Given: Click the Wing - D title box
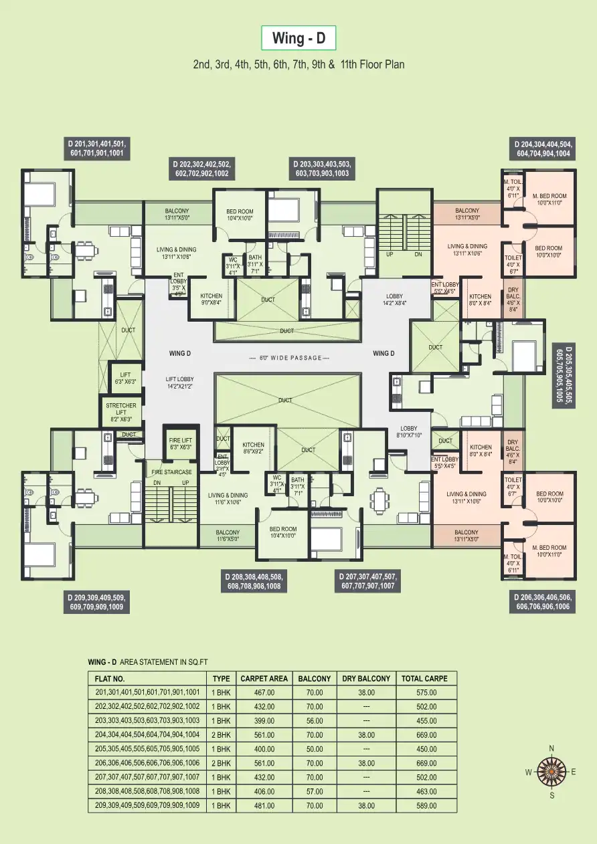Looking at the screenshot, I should point(298,39).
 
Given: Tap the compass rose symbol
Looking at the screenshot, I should point(551,772).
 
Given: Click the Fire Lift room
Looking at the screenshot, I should point(181,443).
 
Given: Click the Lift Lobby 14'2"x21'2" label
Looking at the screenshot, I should point(179,383).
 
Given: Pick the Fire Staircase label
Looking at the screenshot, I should point(171,471).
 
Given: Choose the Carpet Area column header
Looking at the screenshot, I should point(264,678).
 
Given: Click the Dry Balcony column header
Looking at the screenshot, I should point(365,678).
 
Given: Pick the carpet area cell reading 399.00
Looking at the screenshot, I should point(264,721).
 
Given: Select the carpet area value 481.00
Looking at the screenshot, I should point(264,806).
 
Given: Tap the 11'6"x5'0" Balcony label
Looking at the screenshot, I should point(228,535).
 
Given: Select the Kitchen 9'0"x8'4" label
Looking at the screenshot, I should point(211,299).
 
